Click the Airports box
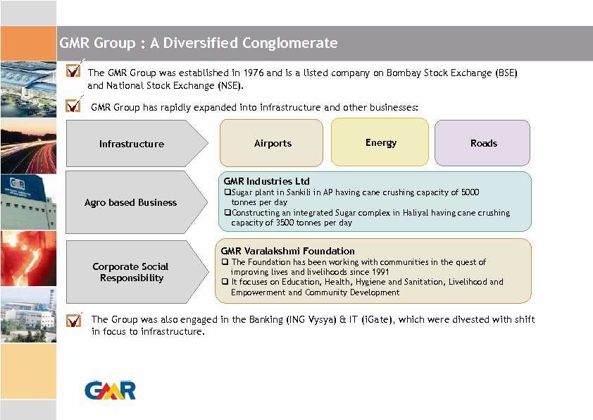[x=272, y=143]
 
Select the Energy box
[x=380, y=142]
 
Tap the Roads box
[x=483, y=143]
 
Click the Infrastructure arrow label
[x=132, y=144]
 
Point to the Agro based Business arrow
[x=131, y=202]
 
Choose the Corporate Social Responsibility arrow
[x=131, y=272]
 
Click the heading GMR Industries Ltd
[x=266, y=181]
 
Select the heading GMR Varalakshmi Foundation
[x=287, y=251]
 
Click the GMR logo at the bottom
[x=110, y=390]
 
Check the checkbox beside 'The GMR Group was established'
[x=73, y=71]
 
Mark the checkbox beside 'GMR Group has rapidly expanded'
[x=73, y=106]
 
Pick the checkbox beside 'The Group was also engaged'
[x=73, y=320]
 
